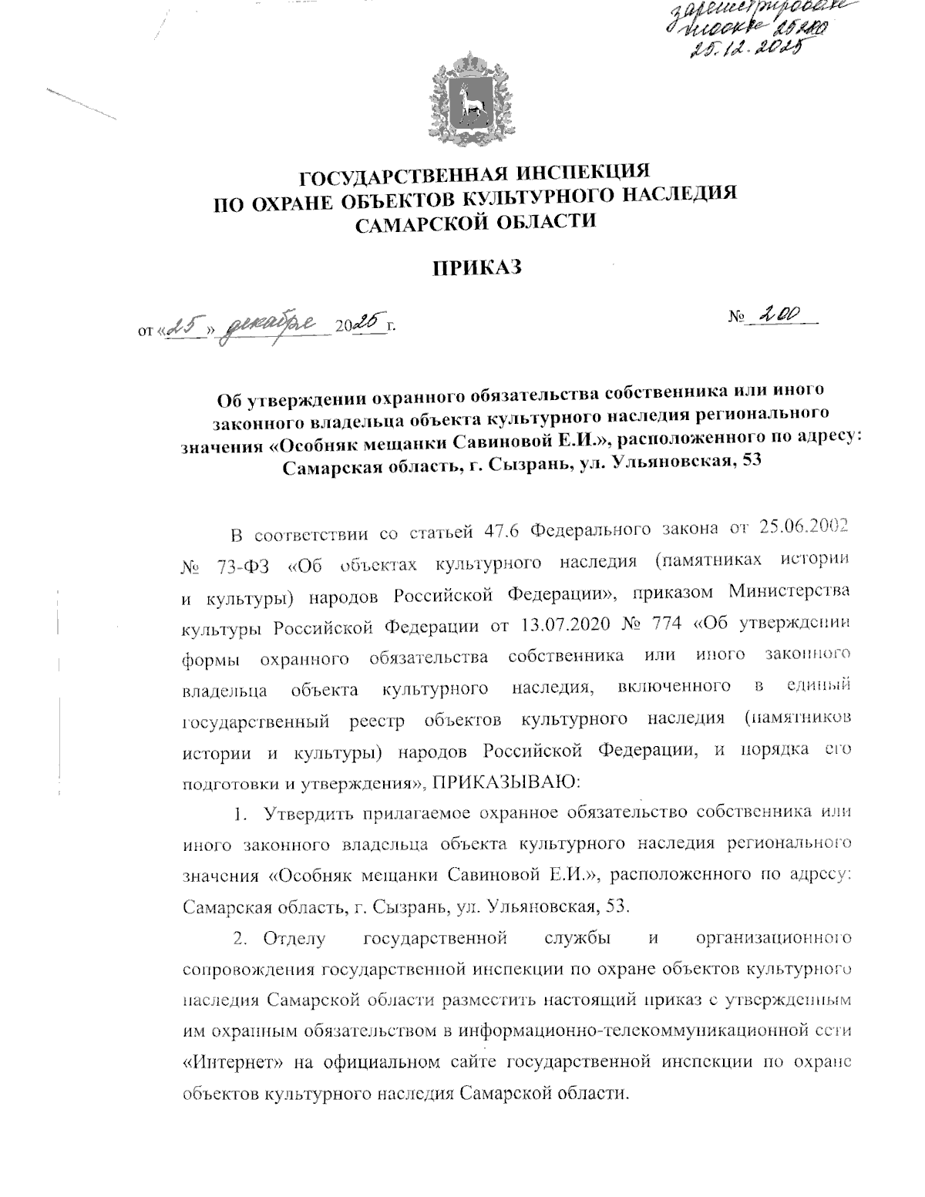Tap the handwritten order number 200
[780, 314]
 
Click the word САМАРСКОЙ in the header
[421, 223]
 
